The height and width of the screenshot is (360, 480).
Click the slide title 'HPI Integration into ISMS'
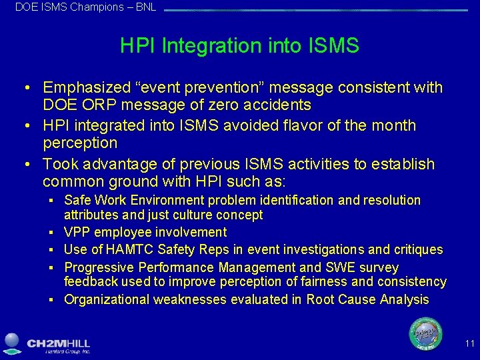pyautogui.click(x=239, y=46)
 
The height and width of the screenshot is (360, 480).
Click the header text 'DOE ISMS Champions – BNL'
pyautogui.click(x=85, y=7)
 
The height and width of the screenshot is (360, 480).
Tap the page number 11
pyautogui.click(x=469, y=344)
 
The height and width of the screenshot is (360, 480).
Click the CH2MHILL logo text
pyautogui.click(x=59, y=343)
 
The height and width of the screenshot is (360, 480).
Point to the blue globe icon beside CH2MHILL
pyautogui.click(x=13, y=342)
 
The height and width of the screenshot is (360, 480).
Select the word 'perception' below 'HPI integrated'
pyautogui.click(x=80, y=143)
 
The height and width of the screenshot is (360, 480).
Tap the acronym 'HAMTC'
pyautogui.click(x=129, y=250)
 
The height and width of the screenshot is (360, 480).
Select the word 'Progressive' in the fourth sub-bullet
pyautogui.click(x=98, y=267)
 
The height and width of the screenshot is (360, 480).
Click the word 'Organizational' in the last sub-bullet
pyautogui.click(x=107, y=299)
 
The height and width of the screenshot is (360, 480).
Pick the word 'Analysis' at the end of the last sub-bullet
pyautogui.click(x=405, y=299)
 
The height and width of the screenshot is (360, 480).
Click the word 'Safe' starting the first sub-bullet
pyautogui.click(x=77, y=200)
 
